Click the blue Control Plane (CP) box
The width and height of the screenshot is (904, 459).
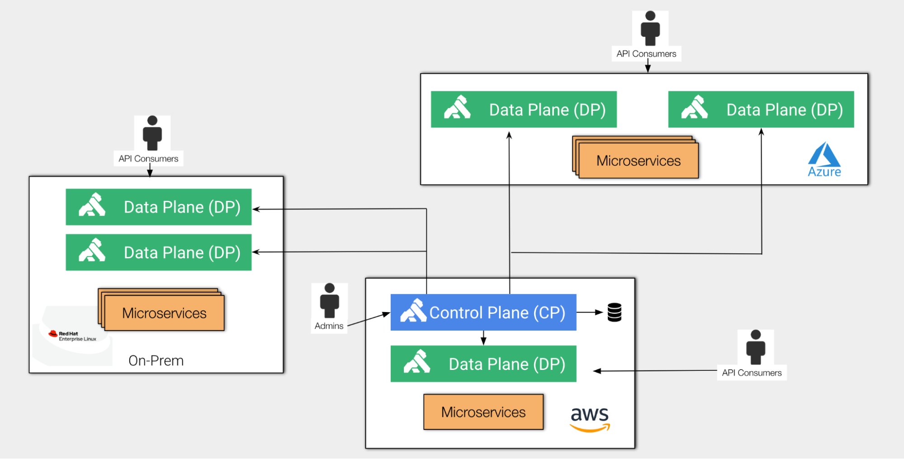coord(483,312)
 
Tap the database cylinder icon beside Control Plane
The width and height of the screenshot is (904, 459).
coord(614,312)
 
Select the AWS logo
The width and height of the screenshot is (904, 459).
coord(590,419)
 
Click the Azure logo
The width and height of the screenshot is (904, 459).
coord(824,159)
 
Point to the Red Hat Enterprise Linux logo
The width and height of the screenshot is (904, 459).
coord(73,336)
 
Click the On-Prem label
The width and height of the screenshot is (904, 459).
coord(156,360)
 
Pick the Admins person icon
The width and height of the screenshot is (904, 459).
coord(329,301)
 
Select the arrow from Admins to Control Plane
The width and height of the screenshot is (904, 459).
coord(368,319)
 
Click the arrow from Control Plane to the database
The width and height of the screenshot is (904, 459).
coord(590,312)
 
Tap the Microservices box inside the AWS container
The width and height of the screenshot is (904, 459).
coord(483,412)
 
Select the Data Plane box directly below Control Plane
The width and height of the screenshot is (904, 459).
coord(483,364)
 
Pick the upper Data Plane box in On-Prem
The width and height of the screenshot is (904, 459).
coord(158,207)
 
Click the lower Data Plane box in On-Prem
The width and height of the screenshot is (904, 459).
coord(158,252)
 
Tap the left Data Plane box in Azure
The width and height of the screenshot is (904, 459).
coord(523,109)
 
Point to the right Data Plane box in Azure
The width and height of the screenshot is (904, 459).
coord(761,109)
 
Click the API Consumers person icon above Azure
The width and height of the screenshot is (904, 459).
coord(650,28)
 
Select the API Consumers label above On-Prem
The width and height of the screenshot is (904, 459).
coord(148,159)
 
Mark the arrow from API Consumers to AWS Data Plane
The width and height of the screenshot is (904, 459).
coord(656,371)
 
